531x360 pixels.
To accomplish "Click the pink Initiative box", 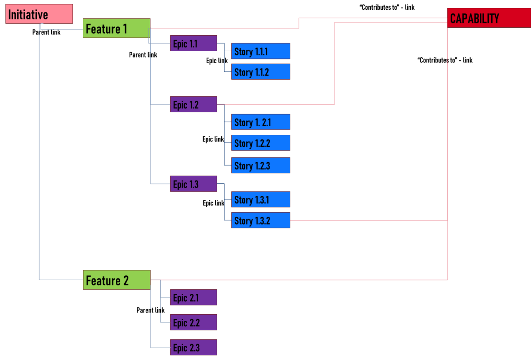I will [x=39, y=14].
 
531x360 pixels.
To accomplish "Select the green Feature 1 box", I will [x=116, y=28].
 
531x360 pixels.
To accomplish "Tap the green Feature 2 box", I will [x=116, y=280].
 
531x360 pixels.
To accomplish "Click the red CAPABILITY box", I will [x=489, y=18].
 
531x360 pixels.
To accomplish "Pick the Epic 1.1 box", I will [x=193, y=43].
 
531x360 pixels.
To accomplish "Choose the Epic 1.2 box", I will [x=193, y=104].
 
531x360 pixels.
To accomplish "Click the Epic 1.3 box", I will [x=193, y=184].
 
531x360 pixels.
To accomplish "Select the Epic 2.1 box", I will [x=193, y=298].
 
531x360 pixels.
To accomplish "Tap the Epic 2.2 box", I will [x=193, y=322].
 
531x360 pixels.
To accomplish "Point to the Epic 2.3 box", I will [x=193, y=347].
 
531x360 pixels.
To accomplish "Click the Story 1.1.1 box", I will [x=261, y=51].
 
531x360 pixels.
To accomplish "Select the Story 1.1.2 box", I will [x=261, y=72].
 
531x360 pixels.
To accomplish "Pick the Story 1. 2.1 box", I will [x=261, y=122].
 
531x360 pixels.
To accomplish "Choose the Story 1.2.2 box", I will [x=261, y=143].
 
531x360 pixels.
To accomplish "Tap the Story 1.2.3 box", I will [x=261, y=165].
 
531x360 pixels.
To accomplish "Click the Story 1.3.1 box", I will [x=261, y=199].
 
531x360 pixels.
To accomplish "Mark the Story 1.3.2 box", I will [x=261, y=220].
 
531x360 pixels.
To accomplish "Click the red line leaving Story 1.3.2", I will [x=367, y=220].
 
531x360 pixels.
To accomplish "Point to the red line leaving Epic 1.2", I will [x=281, y=104].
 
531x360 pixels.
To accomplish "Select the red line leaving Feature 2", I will [x=300, y=280].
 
